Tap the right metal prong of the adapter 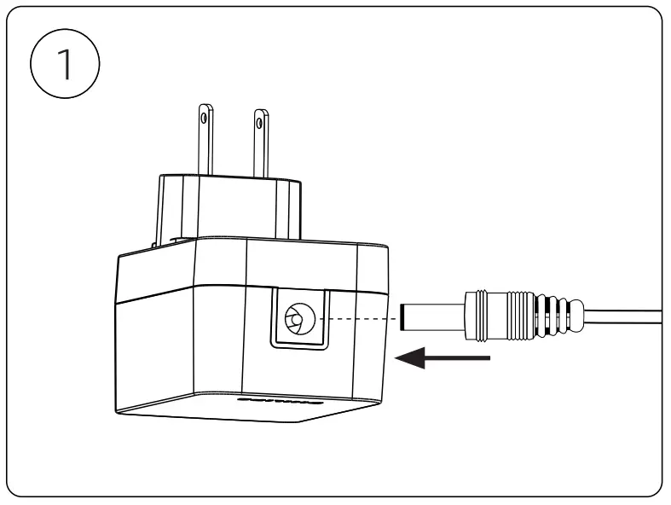click(261, 145)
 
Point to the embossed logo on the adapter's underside click(281, 399)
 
